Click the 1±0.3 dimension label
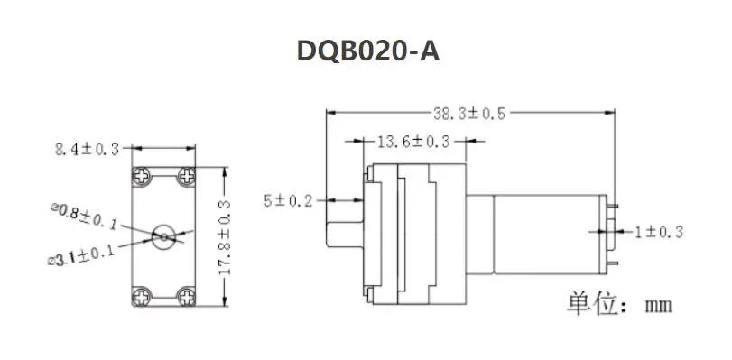[x=658, y=232]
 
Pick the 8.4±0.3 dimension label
[x=87, y=149]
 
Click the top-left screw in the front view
[x=142, y=175]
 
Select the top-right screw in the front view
[x=187, y=175]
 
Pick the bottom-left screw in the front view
[x=142, y=295]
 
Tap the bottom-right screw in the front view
[x=187, y=295]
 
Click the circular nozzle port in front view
[x=164, y=236]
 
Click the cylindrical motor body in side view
[x=551, y=236]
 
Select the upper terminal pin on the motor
[x=615, y=207]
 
